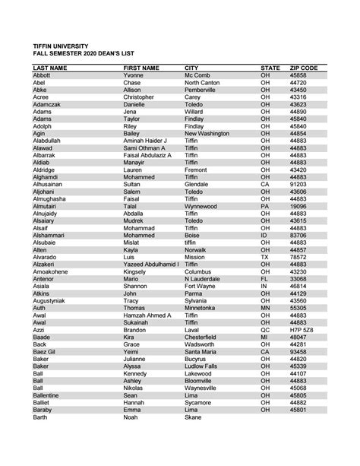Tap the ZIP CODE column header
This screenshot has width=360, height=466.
tap(303, 68)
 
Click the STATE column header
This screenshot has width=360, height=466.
tap(270, 68)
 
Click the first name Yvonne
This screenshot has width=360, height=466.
tap(134, 76)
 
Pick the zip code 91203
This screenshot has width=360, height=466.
tap(298, 185)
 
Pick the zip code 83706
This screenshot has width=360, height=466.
tap(298, 235)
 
